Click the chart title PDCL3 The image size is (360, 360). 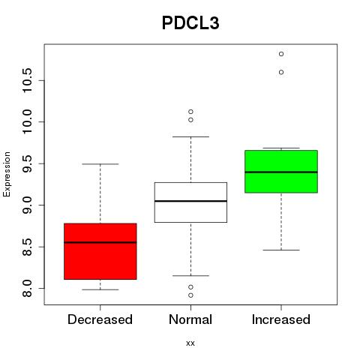190,23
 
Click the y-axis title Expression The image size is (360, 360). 7,174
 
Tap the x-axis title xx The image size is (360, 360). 190,343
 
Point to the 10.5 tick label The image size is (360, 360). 27,80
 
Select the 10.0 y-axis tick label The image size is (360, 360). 27,121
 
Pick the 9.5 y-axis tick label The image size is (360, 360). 27,163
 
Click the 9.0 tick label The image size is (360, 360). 27,205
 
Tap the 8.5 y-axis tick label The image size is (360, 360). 27,247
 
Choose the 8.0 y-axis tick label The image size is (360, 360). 27,288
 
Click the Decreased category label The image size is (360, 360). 100,319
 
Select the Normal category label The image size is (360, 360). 190,319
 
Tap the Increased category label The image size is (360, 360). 281,319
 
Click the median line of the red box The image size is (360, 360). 100,242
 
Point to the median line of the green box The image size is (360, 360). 281,172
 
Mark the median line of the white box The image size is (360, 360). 190,201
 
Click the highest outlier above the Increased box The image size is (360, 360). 281,54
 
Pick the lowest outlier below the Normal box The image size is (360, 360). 190,295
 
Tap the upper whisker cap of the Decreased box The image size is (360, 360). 100,164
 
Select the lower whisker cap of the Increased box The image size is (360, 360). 281,250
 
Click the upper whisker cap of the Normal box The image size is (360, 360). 190,136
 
